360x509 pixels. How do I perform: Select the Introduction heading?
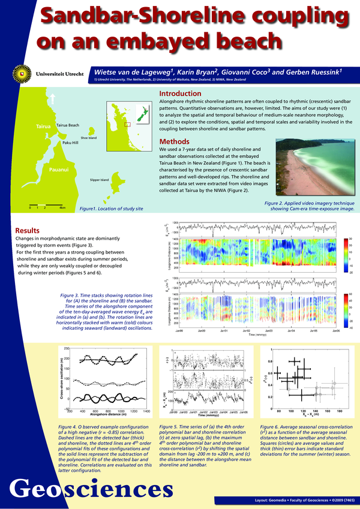tap(179, 94)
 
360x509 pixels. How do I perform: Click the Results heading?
tap(28, 230)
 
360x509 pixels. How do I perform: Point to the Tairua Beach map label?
tap(67, 125)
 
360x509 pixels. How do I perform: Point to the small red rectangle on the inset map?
tap(127, 124)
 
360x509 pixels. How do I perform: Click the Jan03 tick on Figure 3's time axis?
tap(269, 330)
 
